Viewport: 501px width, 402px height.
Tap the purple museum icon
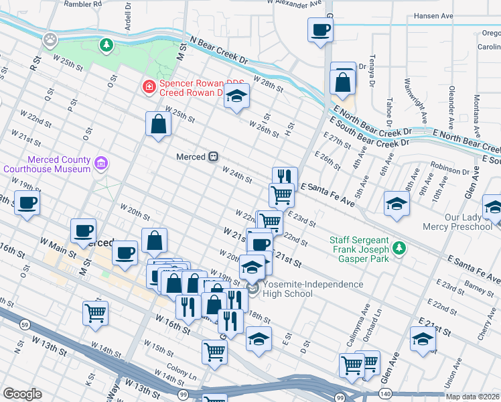tap(101, 163)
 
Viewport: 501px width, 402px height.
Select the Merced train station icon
tap(213, 156)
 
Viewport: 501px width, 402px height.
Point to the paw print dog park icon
tap(49, 40)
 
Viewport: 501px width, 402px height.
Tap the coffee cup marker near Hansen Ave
tap(320, 30)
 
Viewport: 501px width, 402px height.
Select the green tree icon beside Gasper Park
tap(399, 249)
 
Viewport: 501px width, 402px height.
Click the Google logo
tap(22, 393)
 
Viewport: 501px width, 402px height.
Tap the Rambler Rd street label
tap(82, 3)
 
